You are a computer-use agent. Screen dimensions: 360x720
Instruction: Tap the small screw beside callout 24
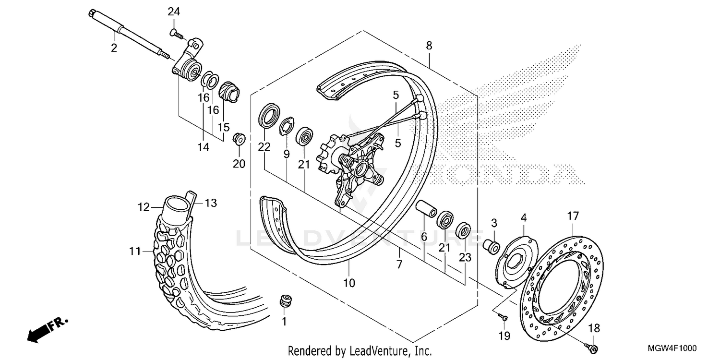point(176,33)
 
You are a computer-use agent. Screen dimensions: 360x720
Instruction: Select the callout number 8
point(429,46)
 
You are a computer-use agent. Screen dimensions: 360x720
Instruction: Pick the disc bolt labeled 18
point(593,347)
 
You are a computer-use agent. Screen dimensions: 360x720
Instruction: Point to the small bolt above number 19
point(502,316)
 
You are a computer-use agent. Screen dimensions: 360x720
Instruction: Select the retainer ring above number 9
point(287,124)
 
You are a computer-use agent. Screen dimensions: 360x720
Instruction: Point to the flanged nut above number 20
point(238,139)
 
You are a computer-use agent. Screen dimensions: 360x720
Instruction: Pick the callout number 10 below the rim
point(349,283)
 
